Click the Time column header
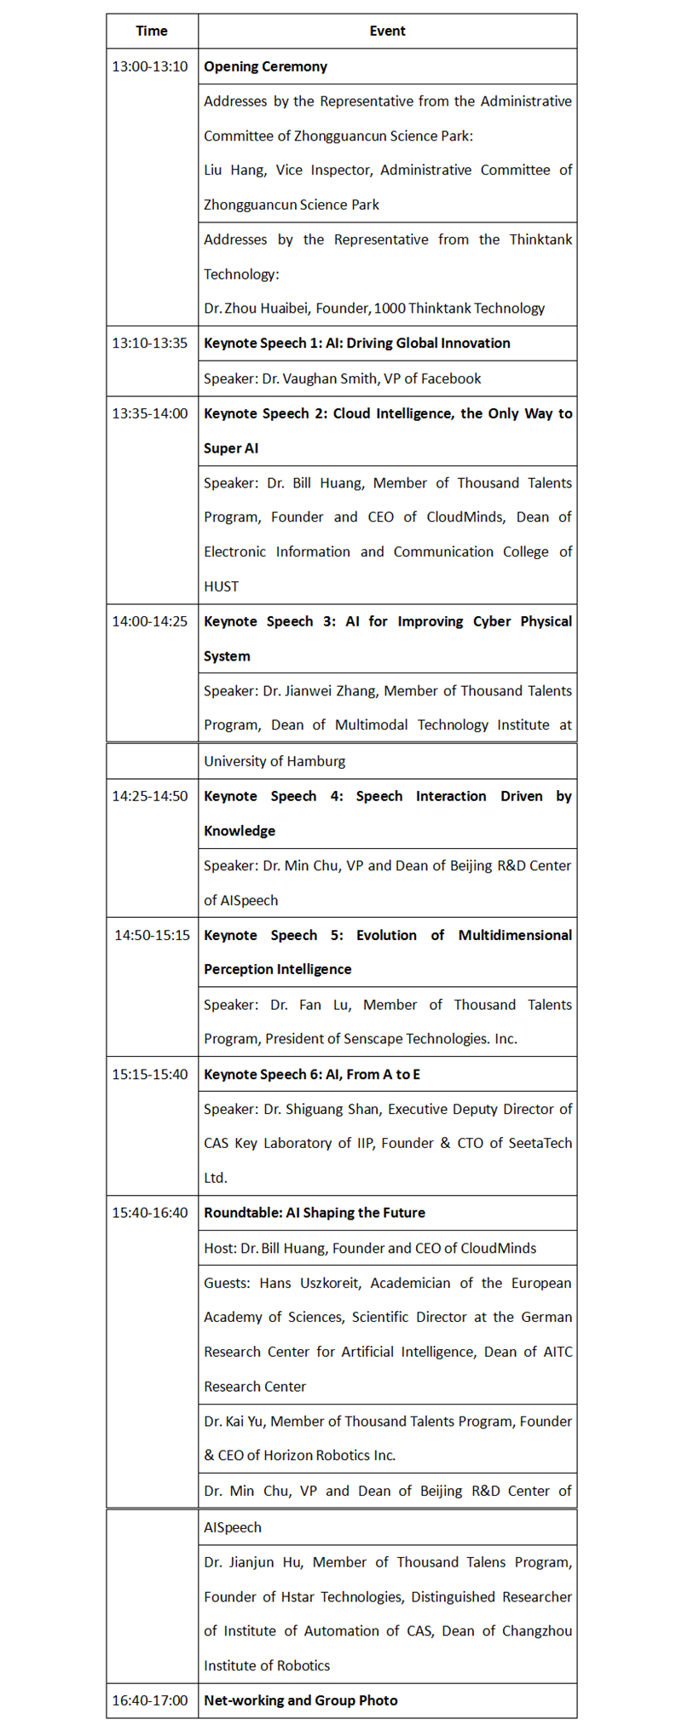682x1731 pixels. (x=152, y=31)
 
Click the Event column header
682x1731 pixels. (x=387, y=31)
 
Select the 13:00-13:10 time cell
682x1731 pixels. (x=150, y=66)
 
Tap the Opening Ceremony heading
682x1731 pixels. (x=265, y=66)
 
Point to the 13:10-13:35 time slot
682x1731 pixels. (x=150, y=343)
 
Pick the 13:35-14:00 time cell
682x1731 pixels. (x=150, y=413)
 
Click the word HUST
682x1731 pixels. (x=222, y=586)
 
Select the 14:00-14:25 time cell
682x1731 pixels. (x=150, y=621)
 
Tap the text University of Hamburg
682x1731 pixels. (x=275, y=761)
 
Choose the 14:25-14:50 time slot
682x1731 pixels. (x=150, y=796)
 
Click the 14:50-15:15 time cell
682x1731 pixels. (x=153, y=935)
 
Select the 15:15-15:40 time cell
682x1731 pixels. (x=150, y=1074)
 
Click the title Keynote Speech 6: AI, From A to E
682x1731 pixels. (x=312, y=1074)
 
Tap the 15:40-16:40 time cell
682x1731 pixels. (x=150, y=1213)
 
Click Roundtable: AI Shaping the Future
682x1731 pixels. (x=315, y=1213)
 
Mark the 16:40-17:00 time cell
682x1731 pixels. (x=150, y=1700)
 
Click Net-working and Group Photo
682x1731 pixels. (x=301, y=1700)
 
